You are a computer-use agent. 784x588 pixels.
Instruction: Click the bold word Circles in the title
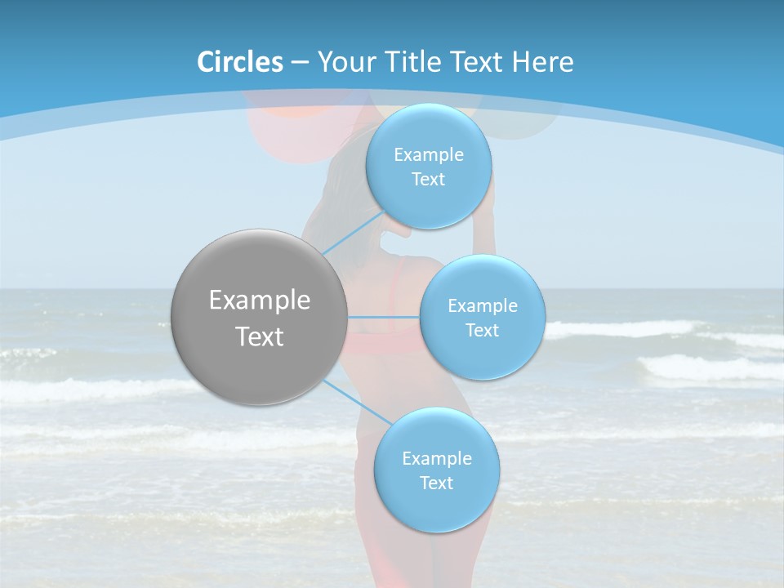click(x=239, y=62)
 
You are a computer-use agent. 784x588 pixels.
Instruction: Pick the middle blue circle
click(x=482, y=355)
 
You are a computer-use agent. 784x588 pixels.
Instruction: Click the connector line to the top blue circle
click(x=354, y=232)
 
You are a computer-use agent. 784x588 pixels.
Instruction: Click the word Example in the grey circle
click(x=260, y=301)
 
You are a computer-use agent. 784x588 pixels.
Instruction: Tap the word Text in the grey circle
click(x=260, y=336)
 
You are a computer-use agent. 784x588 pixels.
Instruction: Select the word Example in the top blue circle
click(x=429, y=155)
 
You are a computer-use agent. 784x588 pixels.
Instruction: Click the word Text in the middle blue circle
click(x=482, y=331)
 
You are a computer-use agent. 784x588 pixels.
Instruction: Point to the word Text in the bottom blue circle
click(x=436, y=483)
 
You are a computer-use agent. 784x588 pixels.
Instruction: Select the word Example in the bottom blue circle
click(x=436, y=459)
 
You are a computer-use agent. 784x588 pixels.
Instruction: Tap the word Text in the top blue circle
click(x=429, y=180)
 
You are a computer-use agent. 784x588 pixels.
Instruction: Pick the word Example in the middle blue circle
click(x=482, y=306)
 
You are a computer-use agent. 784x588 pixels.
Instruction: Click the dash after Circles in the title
click(x=299, y=62)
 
